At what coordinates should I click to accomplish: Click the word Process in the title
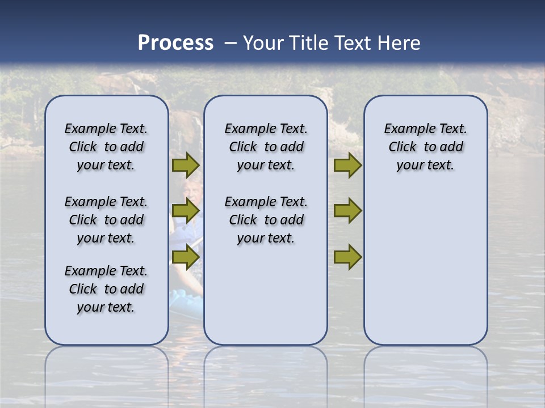(x=175, y=43)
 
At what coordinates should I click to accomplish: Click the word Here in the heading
(x=400, y=43)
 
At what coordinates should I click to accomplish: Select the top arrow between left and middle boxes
(x=186, y=165)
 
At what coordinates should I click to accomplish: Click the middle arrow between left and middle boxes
(x=186, y=211)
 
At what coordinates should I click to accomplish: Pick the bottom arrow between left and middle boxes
(x=186, y=257)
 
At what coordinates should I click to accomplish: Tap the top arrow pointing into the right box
(x=347, y=165)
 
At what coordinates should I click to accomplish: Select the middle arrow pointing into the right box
(x=347, y=211)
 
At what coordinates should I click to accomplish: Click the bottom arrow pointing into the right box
(x=347, y=257)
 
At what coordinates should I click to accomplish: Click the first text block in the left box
(x=106, y=147)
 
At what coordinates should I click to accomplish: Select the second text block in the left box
(x=106, y=220)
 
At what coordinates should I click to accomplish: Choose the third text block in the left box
(x=106, y=289)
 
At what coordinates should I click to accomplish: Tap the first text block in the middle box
(x=266, y=147)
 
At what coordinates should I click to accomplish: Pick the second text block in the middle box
(x=266, y=220)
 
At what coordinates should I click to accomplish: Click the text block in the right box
(x=426, y=147)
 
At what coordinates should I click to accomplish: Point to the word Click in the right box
(x=403, y=147)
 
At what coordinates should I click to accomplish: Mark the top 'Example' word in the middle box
(x=249, y=129)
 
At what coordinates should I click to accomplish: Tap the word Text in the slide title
(x=352, y=43)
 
